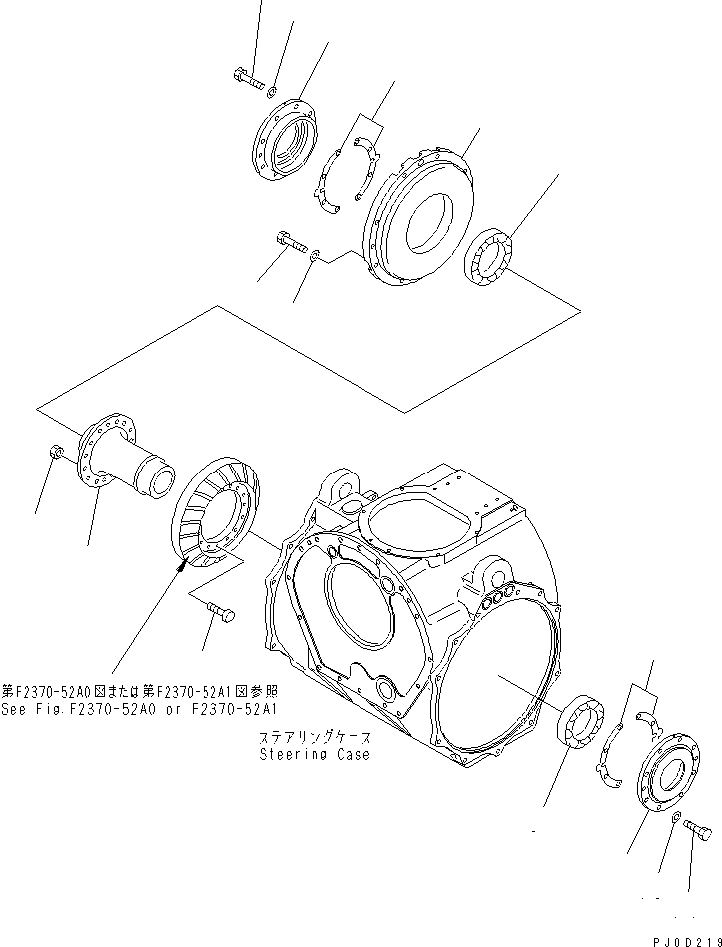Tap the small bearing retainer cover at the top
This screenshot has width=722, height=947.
(x=284, y=141)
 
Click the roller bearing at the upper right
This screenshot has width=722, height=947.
(x=490, y=260)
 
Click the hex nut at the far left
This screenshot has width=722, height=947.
(x=57, y=455)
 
